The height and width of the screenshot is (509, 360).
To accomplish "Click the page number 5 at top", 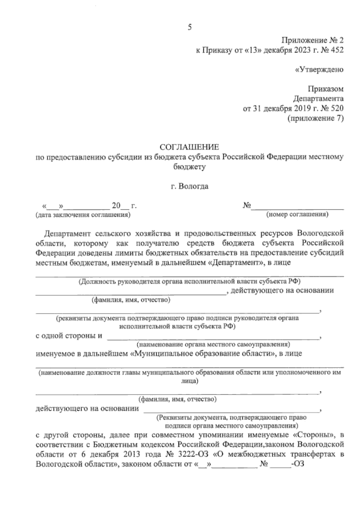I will [189, 27].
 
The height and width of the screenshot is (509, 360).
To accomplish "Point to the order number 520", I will [337, 108].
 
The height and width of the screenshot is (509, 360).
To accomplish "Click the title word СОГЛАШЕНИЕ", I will [189, 147].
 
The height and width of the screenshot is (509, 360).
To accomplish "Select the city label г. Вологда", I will [189, 186].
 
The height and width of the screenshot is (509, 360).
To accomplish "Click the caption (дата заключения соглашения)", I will [83, 215].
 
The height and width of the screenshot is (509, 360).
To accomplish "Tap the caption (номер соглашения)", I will [297, 214].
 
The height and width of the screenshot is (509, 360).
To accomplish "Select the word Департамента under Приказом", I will [318, 98].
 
